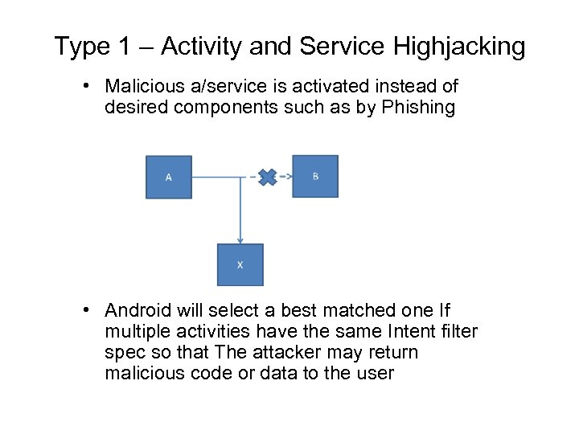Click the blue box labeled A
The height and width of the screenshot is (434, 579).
tap(168, 177)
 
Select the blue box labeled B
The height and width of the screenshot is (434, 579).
tap(314, 176)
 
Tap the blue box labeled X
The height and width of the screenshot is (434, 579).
tap(240, 264)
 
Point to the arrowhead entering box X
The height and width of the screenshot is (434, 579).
tap(240, 239)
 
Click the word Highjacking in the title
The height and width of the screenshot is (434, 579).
tap(459, 47)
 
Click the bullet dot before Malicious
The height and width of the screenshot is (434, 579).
tap(93, 86)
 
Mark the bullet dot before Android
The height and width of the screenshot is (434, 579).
tap(93, 311)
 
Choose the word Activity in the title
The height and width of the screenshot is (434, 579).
tap(201, 47)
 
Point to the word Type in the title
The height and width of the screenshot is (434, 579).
tap(81, 47)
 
